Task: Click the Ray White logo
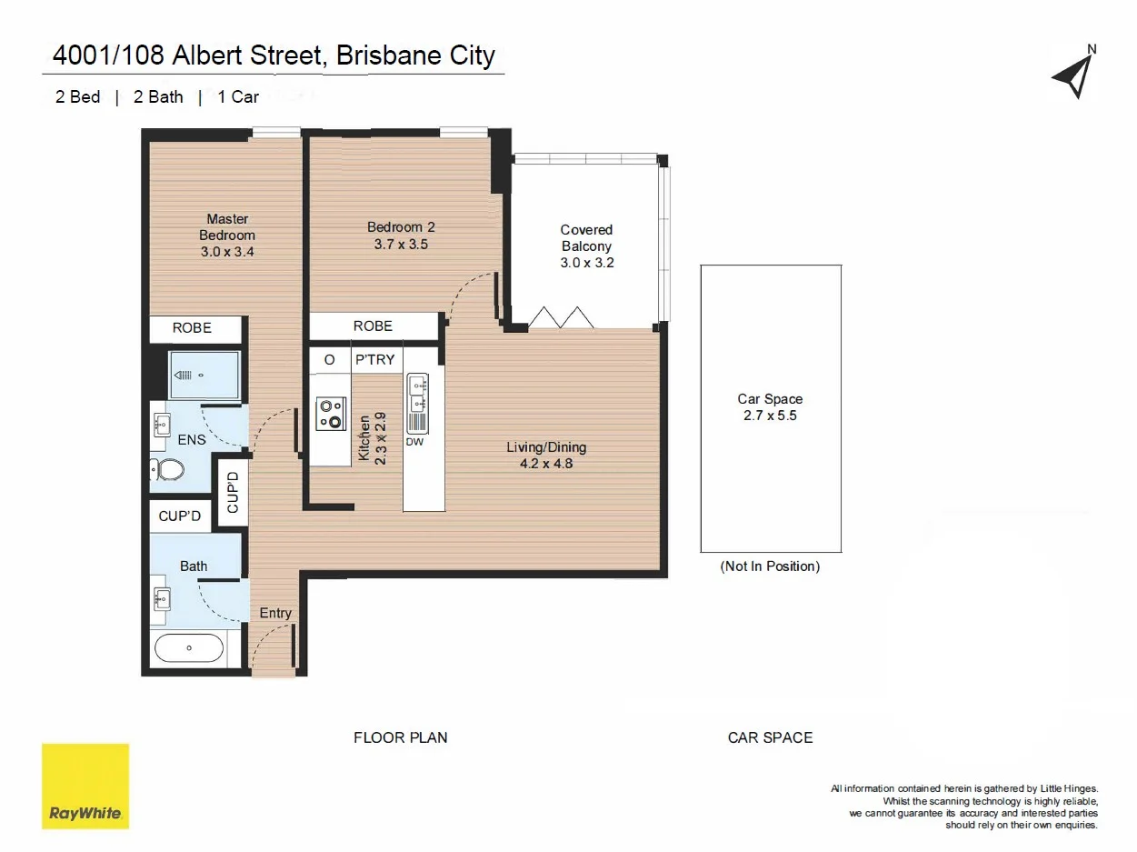[x=85, y=786]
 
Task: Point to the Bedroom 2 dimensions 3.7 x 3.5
[x=401, y=245]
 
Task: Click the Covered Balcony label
[x=586, y=238]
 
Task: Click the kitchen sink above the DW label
[x=418, y=394]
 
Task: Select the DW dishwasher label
[x=414, y=443]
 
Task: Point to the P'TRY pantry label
[x=374, y=360]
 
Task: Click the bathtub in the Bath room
[x=189, y=648]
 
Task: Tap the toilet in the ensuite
[x=167, y=470]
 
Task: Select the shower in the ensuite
[x=204, y=375]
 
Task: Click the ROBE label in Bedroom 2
[x=373, y=326]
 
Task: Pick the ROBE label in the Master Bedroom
[x=192, y=328]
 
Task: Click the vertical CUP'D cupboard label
[x=233, y=492]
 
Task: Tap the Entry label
[x=275, y=613]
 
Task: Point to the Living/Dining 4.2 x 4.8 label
[x=546, y=455]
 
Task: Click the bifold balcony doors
[x=562, y=318]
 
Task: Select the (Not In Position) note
[x=770, y=566]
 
